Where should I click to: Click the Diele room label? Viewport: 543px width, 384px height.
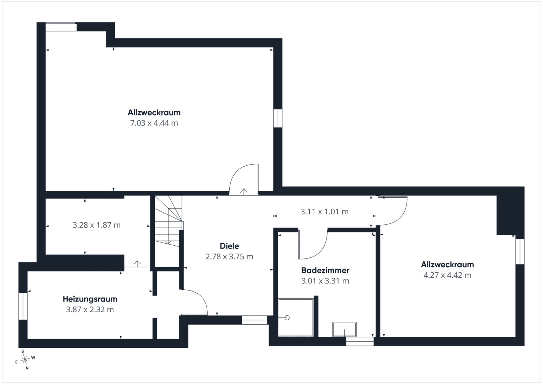pos(229,246)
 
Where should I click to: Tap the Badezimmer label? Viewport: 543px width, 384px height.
pos(325,270)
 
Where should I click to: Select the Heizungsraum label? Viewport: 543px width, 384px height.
pos(90,299)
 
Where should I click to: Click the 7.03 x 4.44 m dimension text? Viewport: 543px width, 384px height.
pos(154,123)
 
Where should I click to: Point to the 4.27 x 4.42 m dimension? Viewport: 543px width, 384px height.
pos(447,276)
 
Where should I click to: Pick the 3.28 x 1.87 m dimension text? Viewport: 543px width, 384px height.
pos(96,225)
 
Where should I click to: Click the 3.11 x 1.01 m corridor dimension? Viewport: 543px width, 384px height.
pos(325,212)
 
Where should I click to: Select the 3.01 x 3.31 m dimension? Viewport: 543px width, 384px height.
pos(325,281)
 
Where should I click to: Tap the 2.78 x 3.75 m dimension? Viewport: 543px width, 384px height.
pos(229,257)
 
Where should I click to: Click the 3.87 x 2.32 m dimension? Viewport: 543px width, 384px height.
pos(90,310)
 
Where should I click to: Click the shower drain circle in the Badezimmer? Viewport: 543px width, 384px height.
pos(287,318)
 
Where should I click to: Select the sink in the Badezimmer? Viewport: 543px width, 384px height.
pos(344,329)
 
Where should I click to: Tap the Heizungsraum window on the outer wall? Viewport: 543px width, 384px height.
pos(23,306)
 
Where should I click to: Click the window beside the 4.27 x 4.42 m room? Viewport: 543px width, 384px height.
pos(520,252)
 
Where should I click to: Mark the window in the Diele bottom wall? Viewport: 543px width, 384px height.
pos(255,320)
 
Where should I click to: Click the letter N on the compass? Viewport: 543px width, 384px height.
pos(27,368)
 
